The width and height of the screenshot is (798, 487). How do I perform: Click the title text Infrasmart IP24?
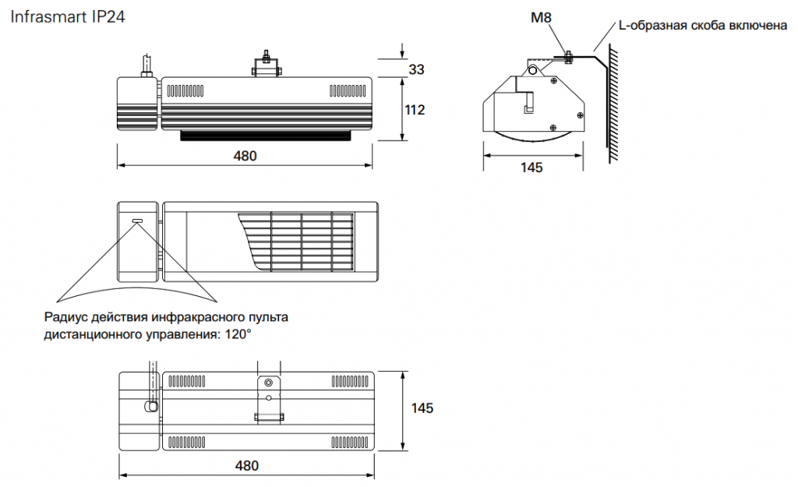coord(68,17)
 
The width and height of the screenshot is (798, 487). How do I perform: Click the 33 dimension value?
coord(416,69)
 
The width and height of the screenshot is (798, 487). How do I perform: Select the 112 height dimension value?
coord(415,110)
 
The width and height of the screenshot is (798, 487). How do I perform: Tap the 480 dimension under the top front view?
coord(245,156)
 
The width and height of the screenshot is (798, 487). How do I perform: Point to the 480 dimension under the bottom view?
coord(247,466)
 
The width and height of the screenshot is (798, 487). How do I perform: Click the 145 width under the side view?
coord(531,168)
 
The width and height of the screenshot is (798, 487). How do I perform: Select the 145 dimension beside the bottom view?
coord(422,408)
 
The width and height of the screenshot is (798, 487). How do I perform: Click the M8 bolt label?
coord(541,18)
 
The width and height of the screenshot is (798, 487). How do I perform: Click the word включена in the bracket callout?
coord(758,26)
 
